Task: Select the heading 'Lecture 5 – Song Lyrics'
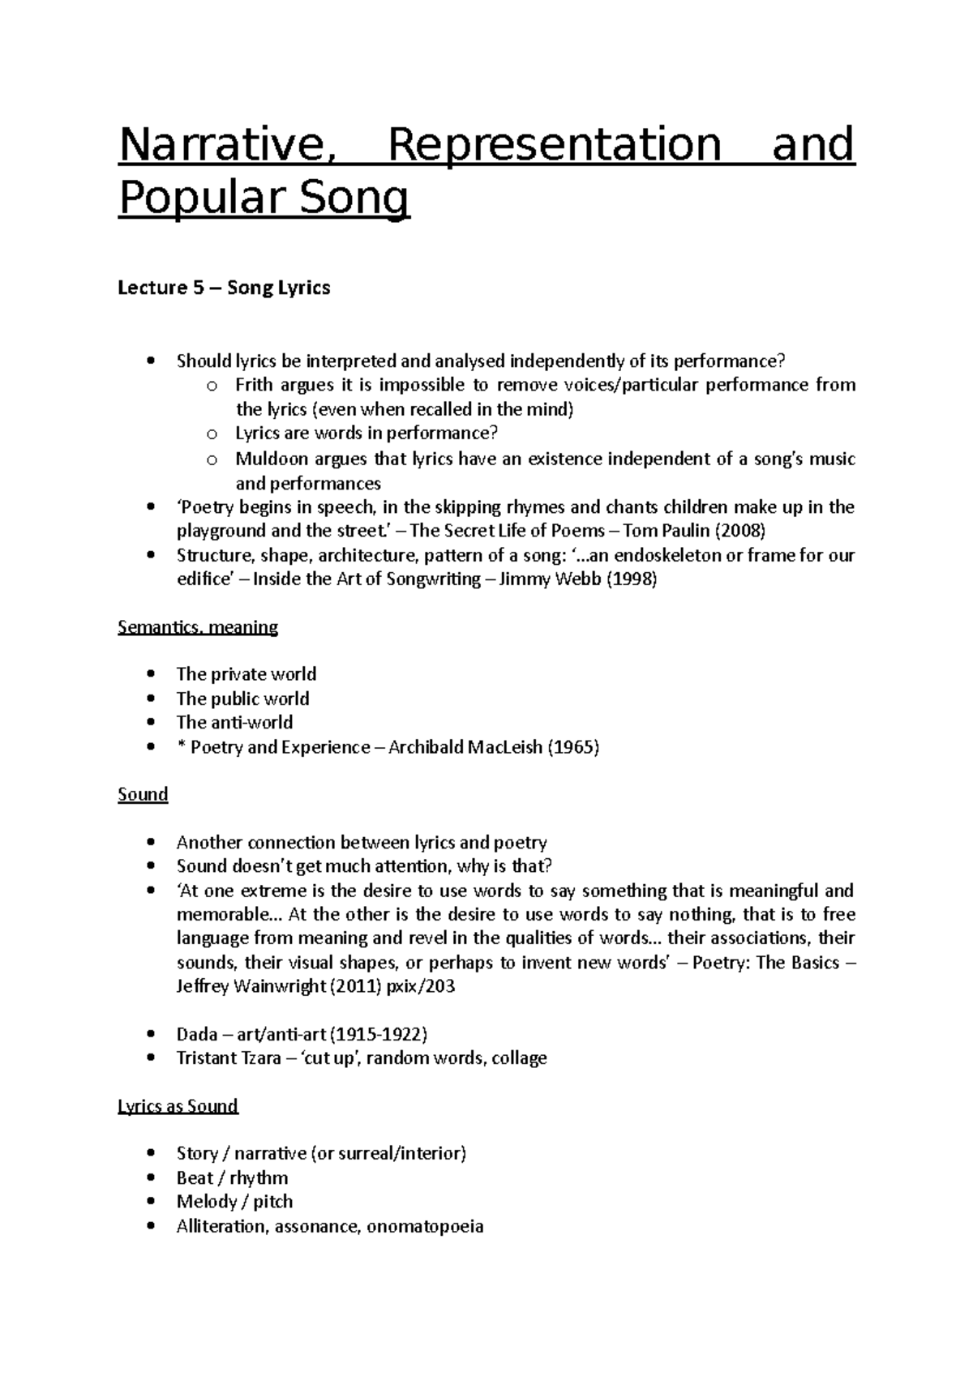pyautogui.click(x=224, y=288)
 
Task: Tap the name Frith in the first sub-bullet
pyautogui.click(x=254, y=385)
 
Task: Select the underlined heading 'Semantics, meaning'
pyautogui.click(x=198, y=627)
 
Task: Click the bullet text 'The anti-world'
pyautogui.click(x=234, y=722)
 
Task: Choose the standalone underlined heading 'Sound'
pyautogui.click(x=143, y=794)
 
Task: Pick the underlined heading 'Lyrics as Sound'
pyautogui.click(x=178, y=1106)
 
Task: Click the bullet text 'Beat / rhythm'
pyautogui.click(x=232, y=1178)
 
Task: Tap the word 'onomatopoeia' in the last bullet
pyautogui.click(x=425, y=1226)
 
